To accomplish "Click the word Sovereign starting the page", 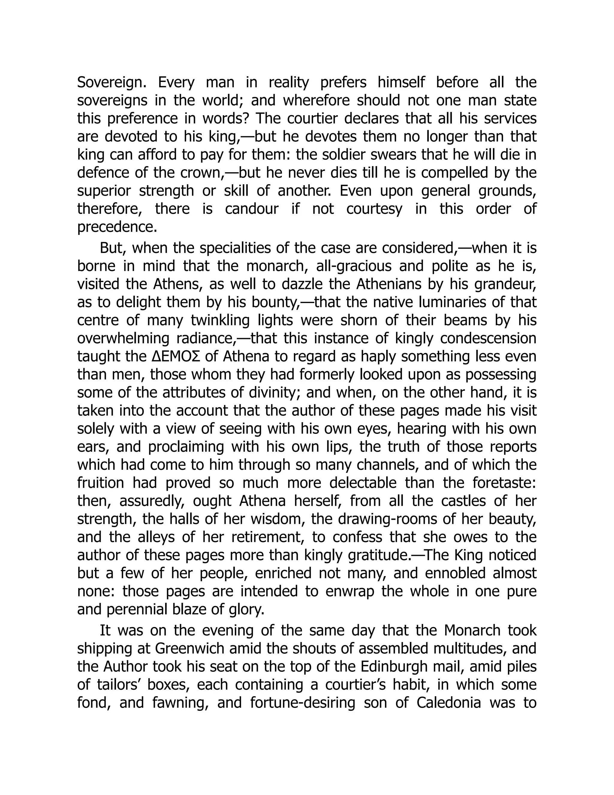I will point(112,82).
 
